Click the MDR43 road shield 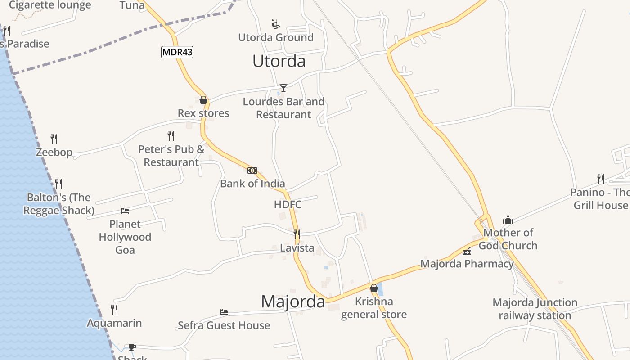click(177, 52)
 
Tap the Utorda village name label click(279, 61)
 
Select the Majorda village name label click(293, 301)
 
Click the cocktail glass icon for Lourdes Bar click(283, 88)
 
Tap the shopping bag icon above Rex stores click(203, 100)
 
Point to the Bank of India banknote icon click(252, 171)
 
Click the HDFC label click(288, 205)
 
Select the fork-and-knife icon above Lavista click(297, 234)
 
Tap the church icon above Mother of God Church click(508, 220)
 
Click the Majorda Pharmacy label click(467, 264)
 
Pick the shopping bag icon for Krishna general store click(374, 288)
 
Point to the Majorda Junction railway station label click(535, 309)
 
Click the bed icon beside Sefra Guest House click(224, 312)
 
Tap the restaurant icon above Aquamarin click(114, 310)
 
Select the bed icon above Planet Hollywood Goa click(125, 211)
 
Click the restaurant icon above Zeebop click(54, 139)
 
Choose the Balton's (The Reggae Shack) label click(58, 204)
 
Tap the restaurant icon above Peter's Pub click(171, 135)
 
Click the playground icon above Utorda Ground click(276, 24)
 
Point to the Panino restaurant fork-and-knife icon click(601, 179)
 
